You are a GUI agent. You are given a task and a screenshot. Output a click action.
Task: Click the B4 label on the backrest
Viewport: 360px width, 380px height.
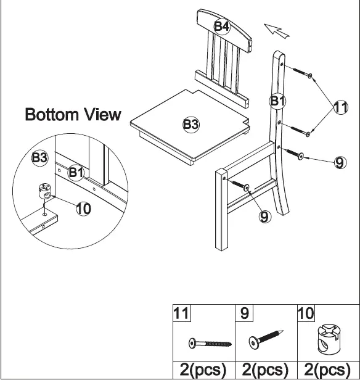(x=222, y=26)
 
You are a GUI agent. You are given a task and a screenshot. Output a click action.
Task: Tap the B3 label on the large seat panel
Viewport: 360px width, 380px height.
(x=191, y=125)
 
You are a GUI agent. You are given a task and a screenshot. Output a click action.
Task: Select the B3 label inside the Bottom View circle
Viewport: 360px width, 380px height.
(x=39, y=159)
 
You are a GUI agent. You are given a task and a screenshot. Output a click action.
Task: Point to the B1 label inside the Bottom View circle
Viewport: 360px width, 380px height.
(x=75, y=173)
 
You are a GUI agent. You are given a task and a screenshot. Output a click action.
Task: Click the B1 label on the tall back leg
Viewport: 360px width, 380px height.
(x=277, y=101)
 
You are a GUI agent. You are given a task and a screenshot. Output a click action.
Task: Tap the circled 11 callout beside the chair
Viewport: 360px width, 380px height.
(x=341, y=108)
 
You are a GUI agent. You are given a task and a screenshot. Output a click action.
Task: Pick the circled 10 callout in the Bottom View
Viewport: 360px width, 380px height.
(x=83, y=209)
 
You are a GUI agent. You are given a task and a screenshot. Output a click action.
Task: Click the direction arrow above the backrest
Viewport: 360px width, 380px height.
(x=276, y=29)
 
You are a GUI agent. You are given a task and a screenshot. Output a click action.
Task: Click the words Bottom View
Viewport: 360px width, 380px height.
(x=73, y=115)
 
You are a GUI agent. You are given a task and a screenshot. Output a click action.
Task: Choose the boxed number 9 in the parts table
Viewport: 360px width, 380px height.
(x=245, y=313)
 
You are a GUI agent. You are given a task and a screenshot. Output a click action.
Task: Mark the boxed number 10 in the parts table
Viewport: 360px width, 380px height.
(x=306, y=313)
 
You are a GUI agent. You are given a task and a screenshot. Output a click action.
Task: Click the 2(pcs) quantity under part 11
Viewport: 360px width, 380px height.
(x=203, y=370)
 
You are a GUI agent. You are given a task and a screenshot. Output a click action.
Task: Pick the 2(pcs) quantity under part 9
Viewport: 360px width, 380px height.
(x=265, y=370)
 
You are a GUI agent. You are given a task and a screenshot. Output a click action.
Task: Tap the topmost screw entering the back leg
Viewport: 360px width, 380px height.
(x=298, y=72)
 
